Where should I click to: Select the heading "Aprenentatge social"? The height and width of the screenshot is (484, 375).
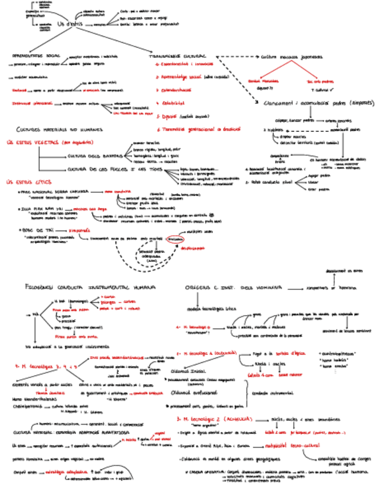click(37, 56)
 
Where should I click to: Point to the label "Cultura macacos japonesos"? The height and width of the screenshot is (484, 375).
click(290, 57)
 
